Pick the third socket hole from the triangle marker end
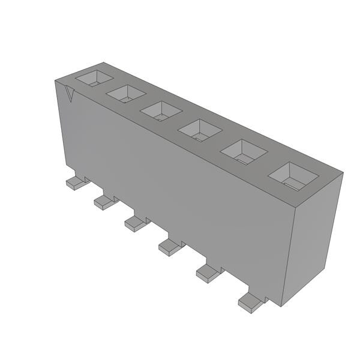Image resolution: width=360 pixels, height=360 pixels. [161, 110]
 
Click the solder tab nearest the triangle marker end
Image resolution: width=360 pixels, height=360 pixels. [75, 182]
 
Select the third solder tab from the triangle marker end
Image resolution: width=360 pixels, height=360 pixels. [136, 224]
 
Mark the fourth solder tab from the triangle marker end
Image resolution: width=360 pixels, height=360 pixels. [170, 245]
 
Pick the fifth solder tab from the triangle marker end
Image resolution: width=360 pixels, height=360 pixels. [208, 272]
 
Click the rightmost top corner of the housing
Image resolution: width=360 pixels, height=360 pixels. [343, 174]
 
